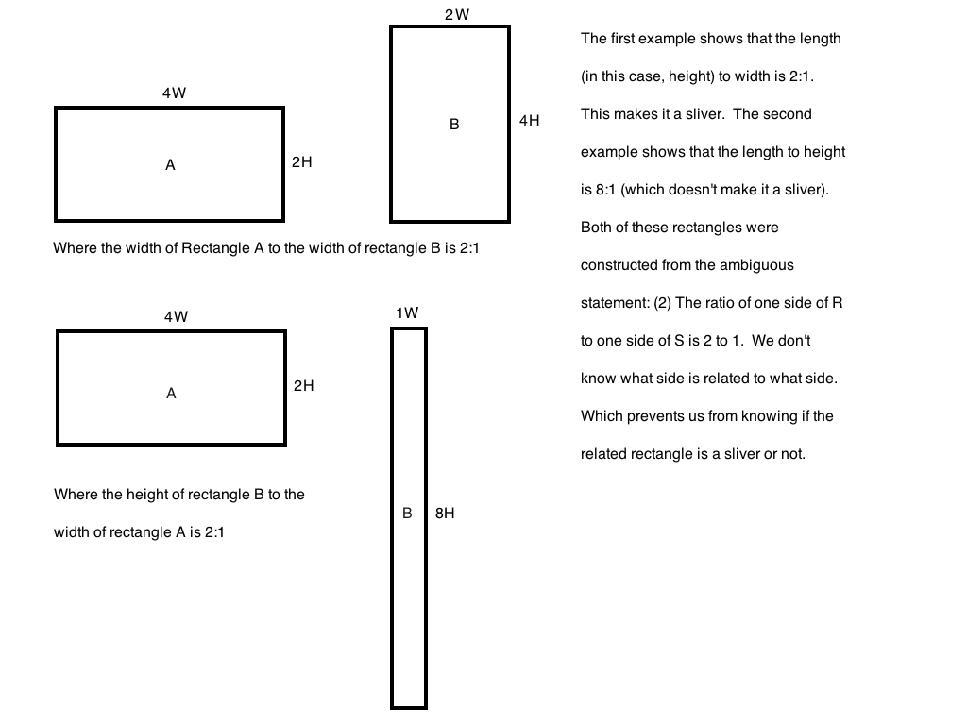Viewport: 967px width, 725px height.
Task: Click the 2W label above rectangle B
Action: (456, 15)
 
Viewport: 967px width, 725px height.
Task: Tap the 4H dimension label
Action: (529, 121)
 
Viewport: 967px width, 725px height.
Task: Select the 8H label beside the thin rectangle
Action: (445, 514)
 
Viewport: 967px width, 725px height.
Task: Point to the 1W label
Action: (407, 312)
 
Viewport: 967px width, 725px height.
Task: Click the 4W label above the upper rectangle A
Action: (174, 93)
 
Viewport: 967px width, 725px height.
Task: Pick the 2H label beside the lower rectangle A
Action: (303, 385)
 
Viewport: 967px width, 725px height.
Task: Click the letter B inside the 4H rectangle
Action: (454, 124)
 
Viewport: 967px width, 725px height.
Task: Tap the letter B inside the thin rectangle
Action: (408, 514)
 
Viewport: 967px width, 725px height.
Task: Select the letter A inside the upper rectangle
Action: (170, 165)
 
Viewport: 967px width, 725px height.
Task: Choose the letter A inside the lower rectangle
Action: (171, 394)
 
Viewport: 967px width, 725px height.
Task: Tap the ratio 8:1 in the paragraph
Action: (605, 190)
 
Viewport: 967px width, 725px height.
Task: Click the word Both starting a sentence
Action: (597, 228)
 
